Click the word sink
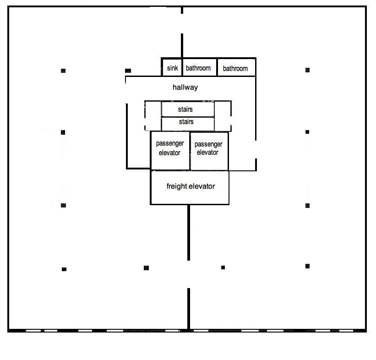tap(172, 68)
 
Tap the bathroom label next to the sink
tap(198, 68)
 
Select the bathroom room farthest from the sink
tap(236, 67)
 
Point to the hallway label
tap(185, 87)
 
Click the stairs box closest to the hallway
tap(188, 109)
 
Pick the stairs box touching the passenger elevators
tap(188, 124)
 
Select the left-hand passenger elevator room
tap(170, 151)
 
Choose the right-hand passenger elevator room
tap(209, 151)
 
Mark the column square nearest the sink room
tap(128, 71)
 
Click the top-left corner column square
tap(63, 71)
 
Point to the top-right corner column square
tap(307, 70)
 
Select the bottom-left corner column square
tap(64, 269)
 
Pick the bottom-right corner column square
tap(307, 266)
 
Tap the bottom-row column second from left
tap(146, 268)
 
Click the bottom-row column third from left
tap(223, 267)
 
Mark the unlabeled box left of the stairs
tap(153, 116)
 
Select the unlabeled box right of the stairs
tap(223, 116)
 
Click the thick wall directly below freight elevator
tap(189, 232)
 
